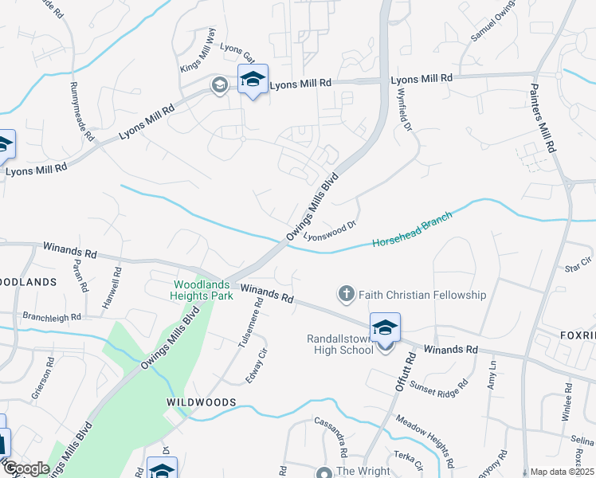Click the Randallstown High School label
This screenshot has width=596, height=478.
click(339, 344)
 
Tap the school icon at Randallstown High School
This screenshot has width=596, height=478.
click(385, 328)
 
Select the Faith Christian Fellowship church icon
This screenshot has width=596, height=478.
click(346, 295)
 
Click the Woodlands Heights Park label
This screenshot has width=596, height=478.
click(203, 290)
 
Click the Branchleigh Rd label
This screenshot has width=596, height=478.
click(53, 317)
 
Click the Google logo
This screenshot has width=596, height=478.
click(26, 468)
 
